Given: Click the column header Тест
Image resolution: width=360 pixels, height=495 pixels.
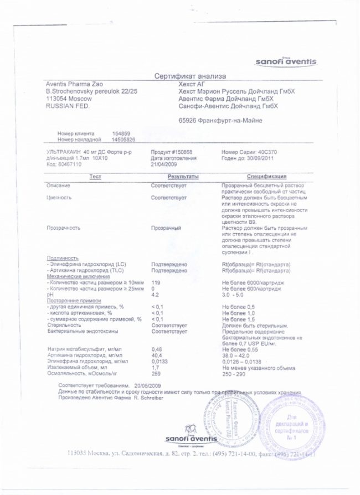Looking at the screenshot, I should coord(96,177).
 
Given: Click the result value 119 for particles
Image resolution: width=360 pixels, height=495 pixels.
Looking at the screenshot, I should coord(156,282).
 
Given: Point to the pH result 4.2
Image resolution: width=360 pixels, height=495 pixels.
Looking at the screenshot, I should coord(155,295).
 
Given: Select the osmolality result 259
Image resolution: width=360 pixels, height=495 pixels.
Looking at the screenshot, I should coord(156,374).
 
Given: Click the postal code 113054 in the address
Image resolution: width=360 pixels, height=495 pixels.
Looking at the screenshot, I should coord(57,97).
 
